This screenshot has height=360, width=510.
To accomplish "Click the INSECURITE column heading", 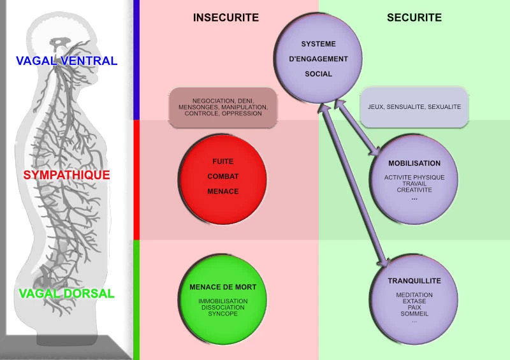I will [x=226, y=18].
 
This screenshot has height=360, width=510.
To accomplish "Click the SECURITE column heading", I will [x=414, y=18].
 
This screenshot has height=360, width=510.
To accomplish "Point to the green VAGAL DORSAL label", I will [x=66, y=294].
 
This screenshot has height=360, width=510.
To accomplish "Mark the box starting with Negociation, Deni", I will [x=222, y=106].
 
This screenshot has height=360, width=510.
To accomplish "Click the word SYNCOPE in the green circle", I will [x=222, y=314].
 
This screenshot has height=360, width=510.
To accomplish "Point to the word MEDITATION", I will [x=414, y=295].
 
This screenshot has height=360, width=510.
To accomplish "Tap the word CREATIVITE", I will [x=414, y=190].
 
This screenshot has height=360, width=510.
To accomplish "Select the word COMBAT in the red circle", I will [x=222, y=176].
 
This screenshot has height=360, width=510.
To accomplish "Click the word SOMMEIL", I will [x=414, y=313].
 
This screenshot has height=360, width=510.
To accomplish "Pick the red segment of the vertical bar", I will [x=136, y=179].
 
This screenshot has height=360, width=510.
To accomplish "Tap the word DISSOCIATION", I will [x=222, y=308].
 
